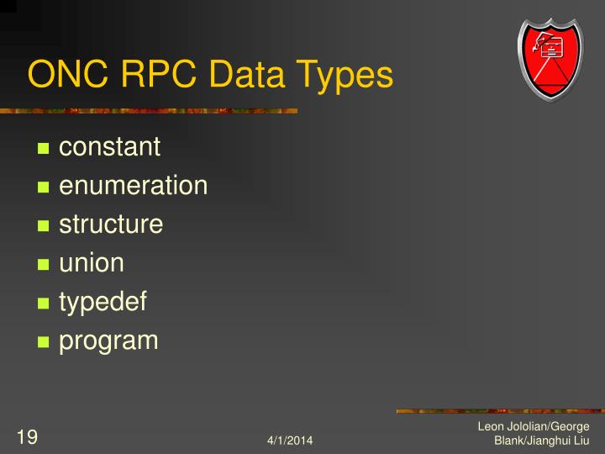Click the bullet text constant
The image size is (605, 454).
pos(109,147)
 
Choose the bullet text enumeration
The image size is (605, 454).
pos(133,186)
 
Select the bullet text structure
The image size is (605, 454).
pos(111,224)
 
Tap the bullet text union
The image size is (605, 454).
pos(92,263)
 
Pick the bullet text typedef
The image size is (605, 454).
pos(103,303)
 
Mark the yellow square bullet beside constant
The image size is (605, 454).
pos(45,149)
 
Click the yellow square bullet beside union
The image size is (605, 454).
pos(45,265)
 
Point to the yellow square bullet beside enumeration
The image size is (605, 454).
pos(45,187)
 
